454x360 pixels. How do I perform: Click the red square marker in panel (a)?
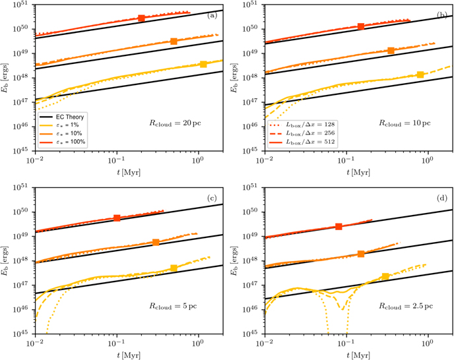click(141, 18)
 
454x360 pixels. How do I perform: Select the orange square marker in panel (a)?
click(174, 41)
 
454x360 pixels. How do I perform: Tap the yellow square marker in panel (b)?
click(420, 75)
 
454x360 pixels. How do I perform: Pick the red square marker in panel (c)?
click(117, 218)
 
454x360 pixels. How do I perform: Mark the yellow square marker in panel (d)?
click(385, 276)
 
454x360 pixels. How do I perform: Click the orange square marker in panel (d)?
click(361, 254)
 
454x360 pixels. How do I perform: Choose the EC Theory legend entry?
click(62, 117)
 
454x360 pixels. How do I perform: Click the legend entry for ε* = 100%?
click(62, 142)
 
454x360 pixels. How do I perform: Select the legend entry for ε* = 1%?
click(59, 125)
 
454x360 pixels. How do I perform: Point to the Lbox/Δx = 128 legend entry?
click(302, 125)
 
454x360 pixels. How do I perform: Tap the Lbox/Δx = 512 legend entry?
click(302, 142)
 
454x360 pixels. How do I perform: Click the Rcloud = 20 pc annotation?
click(175, 123)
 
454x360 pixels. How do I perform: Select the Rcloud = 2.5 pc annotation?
click(406, 306)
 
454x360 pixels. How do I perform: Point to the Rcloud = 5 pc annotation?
click(173, 306)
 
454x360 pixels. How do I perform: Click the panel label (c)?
click(212, 198)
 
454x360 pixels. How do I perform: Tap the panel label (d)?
click(442, 198)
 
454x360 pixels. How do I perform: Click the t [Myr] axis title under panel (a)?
click(129, 173)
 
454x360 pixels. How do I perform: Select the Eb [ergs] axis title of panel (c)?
click(5, 260)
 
